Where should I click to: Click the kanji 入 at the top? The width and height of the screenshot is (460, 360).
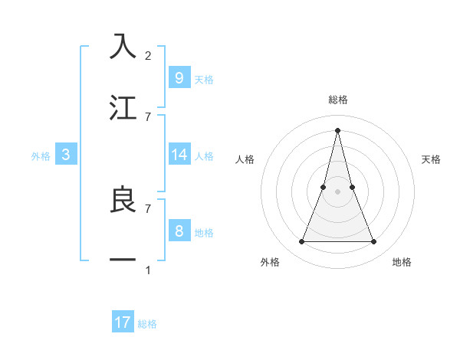point(123,47)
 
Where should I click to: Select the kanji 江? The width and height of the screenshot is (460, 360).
point(123,108)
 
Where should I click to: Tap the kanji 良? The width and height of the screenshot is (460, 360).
point(123,200)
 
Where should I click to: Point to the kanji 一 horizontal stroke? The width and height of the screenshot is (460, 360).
point(123,261)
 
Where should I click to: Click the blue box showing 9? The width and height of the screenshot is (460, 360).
point(179,77)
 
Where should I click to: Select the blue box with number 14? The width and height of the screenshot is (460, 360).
point(179,155)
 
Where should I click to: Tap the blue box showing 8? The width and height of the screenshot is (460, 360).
point(179,231)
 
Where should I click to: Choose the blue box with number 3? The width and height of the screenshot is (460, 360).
point(66,155)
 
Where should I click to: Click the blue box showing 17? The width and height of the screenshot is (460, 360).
point(123,322)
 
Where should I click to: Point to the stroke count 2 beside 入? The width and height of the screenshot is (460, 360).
point(148,55)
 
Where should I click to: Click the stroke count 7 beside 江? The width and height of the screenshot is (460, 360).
point(148,116)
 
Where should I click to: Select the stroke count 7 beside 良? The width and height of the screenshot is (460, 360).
point(148,208)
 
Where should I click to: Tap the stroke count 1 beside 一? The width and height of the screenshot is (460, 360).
point(148,270)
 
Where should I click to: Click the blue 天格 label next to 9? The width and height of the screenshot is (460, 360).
point(204,79)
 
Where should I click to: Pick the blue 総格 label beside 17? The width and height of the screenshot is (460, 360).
point(147,324)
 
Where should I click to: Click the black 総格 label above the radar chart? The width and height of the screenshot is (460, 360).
point(337,100)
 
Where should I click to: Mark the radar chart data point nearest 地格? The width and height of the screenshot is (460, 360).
point(374,242)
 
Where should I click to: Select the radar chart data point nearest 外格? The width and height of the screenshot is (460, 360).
point(301,242)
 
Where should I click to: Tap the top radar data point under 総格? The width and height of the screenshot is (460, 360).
point(337,130)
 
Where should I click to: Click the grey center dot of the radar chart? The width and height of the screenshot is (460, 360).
point(337,191)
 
